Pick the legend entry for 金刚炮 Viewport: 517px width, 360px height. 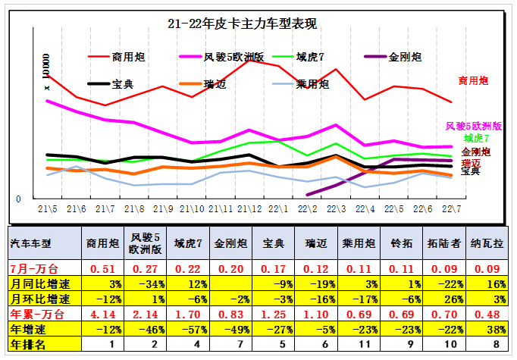click(x=403, y=57)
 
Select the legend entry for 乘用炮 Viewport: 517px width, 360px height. click(x=312, y=83)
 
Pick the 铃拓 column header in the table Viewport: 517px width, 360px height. click(x=401, y=243)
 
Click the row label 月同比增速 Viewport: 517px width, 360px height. click(x=36, y=283)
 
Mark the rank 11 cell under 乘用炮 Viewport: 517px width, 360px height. click(x=359, y=343)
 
